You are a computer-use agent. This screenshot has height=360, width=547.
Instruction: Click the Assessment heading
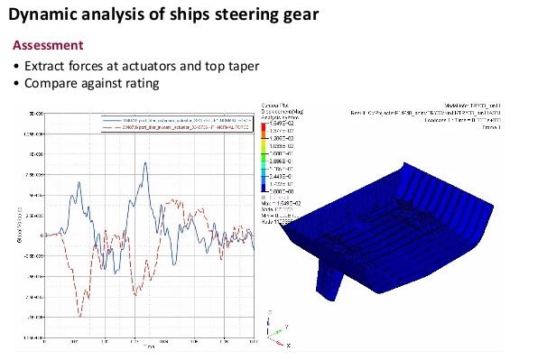50,45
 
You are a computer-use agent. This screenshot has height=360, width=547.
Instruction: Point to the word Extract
46,66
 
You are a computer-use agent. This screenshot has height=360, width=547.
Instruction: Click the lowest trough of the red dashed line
79,315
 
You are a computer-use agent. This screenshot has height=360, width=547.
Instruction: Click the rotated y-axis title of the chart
23,226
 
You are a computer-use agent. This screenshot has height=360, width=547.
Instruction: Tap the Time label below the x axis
148,346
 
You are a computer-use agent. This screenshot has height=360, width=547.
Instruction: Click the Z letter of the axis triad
269,311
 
